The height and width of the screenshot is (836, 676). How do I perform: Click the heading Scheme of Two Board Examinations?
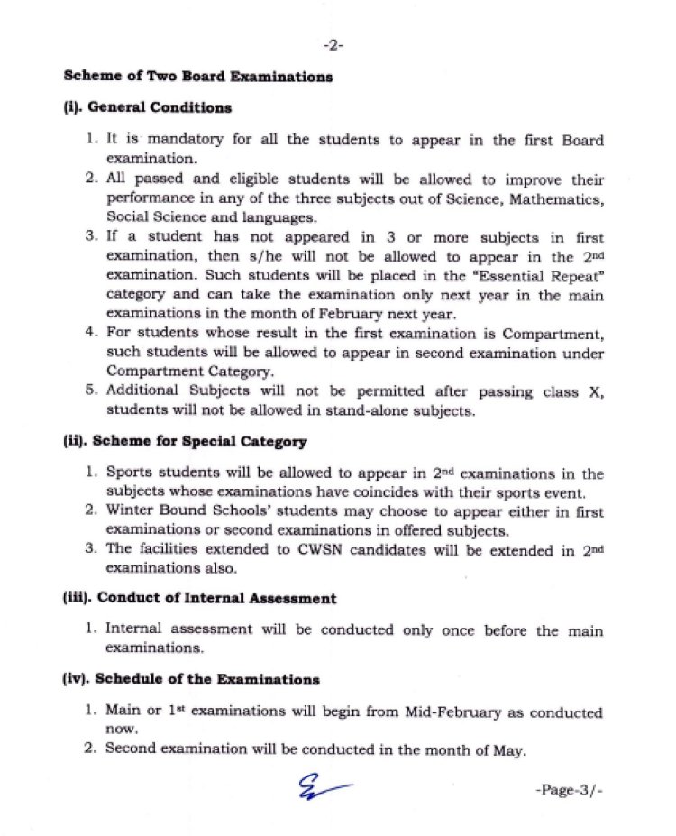pyautogui.click(x=197, y=77)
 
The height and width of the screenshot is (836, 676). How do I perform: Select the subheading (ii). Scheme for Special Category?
pyautogui.click(x=185, y=442)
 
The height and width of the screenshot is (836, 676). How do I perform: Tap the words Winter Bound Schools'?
pyautogui.click(x=178, y=511)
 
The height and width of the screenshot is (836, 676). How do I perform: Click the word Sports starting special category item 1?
pyautogui.click(x=129, y=473)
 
